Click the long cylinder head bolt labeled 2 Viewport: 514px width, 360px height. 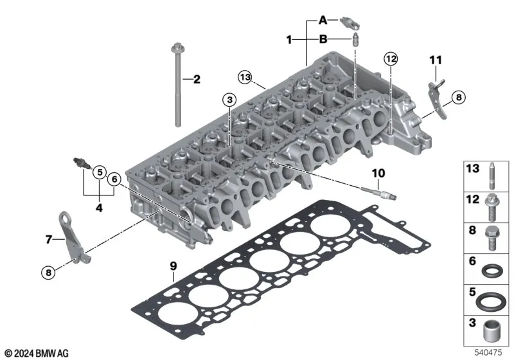point(177,85)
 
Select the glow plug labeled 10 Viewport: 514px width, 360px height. point(379,193)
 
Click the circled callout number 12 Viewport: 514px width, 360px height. point(391,59)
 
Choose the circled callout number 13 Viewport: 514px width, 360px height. point(245,77)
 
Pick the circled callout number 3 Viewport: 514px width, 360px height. point(229,100)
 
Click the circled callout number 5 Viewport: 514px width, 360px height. point(100,172)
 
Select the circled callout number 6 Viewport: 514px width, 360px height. point(114,179)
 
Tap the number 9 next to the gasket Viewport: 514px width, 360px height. point(173,266)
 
